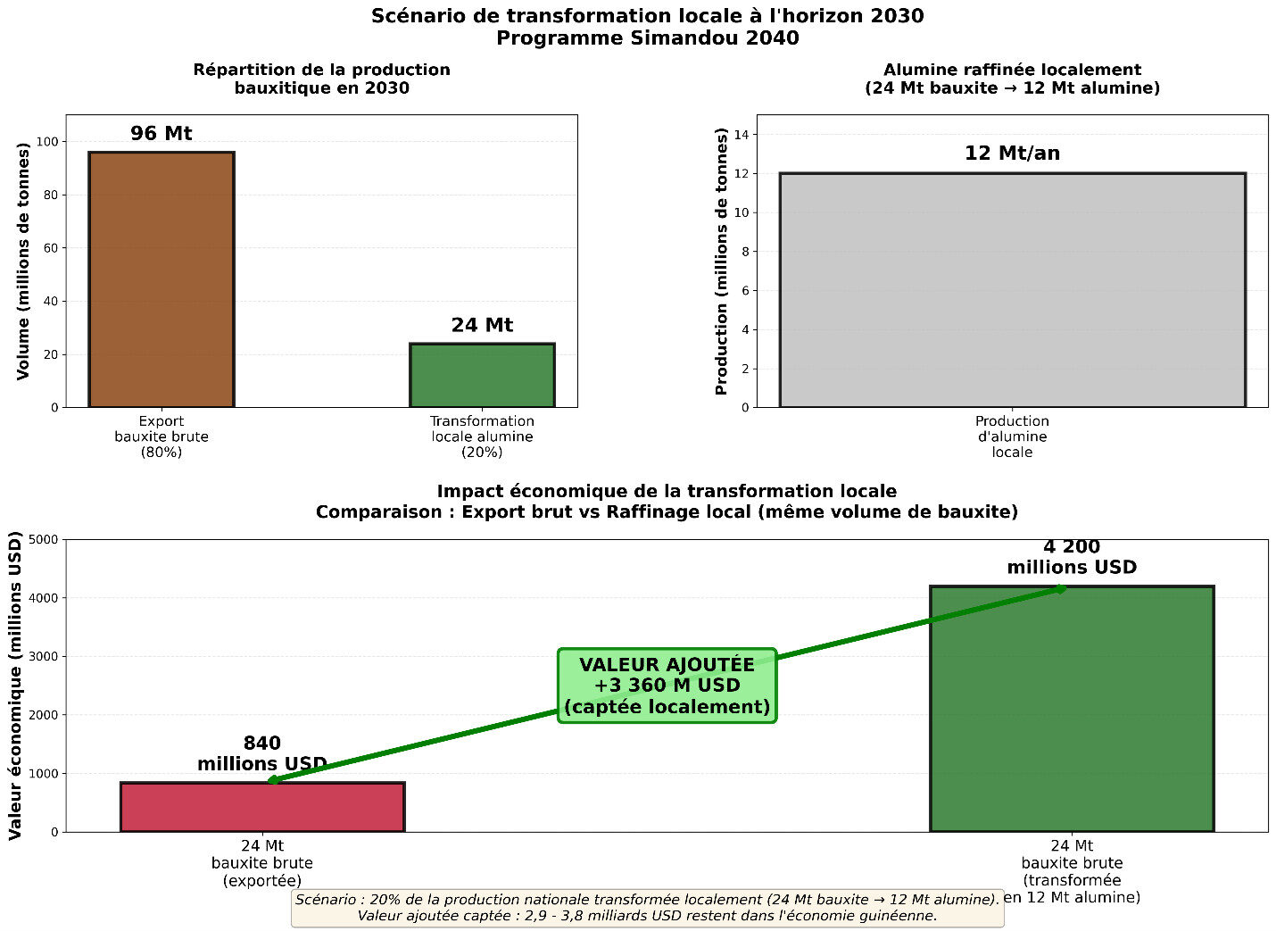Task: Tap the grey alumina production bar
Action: point(1012,290)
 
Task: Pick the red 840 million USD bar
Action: point(262,807)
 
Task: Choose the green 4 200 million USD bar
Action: point(1072,709)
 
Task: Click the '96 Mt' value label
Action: point(161,134)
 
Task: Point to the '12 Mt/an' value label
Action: point(1012,154)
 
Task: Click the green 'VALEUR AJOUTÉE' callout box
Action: point(667,686)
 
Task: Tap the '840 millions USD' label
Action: point(262,753)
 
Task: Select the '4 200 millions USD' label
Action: point(1072,557)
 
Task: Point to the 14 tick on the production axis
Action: point(743,135)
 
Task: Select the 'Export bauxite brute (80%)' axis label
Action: point(162,436)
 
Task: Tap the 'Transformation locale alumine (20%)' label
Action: point(482,436)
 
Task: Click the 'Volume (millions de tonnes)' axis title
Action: point(23,262)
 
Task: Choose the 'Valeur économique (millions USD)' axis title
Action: point(15,686)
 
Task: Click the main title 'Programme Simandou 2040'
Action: point(647,38)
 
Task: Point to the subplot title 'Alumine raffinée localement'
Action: point(1012,70)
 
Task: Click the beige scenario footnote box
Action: point(647,908)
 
